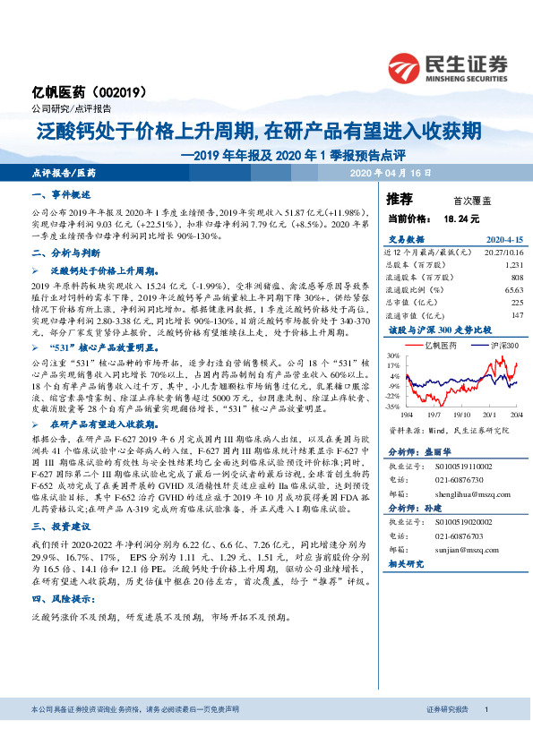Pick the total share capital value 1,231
[512, 265]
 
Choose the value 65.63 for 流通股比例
[512, 290]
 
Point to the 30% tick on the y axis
[394, 356]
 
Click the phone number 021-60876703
[455, 536]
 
